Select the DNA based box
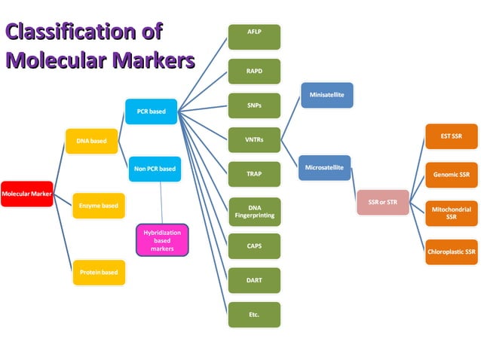pos(91,140)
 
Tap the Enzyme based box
pos(98,205)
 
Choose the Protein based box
pos(98,272)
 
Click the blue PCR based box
pos(152,111)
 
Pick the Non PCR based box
pos(155,169)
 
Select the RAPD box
pos(254,72)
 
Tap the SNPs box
pos(254,105)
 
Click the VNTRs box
pos(254,140)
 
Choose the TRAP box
pos(254,174)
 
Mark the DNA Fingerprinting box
pos(254,211)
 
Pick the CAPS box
pos(254,246)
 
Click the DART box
pos(254,279)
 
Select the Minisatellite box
pos(327,96)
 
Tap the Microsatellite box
pos(325,166)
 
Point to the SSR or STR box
pos(382,202)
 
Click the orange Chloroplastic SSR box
pos(452,252)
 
